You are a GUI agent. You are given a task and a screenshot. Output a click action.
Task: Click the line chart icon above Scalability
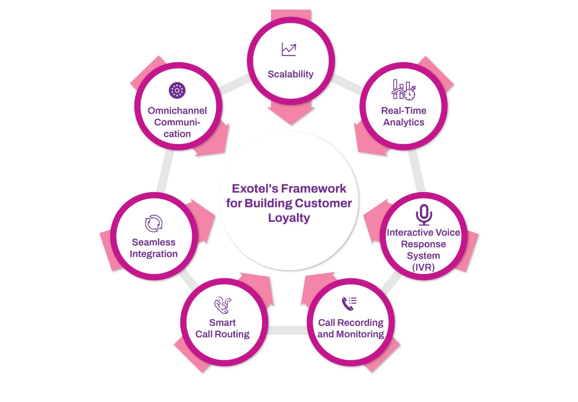coord(289,49)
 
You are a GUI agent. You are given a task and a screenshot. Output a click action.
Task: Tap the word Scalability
coord(291,74)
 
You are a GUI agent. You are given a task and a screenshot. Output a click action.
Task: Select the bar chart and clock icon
coord(403,90)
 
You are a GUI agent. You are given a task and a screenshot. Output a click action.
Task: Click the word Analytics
coord(404,122)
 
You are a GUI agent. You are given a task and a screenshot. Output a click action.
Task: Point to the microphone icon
coord(424,214)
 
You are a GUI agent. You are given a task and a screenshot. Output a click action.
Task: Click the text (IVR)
coord(423,267)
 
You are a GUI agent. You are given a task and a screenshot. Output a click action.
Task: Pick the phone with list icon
coord(349,303)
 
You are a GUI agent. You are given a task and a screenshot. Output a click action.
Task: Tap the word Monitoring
coord(360,334)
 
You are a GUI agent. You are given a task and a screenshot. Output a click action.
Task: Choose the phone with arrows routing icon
coord(223,305)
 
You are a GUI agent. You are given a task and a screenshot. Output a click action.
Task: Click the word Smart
coord(222,323)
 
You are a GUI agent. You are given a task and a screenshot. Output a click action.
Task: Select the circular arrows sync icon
coord(154,223)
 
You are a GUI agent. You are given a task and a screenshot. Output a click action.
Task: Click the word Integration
coord(154,254)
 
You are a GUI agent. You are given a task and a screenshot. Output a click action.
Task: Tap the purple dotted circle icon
coord(177,90)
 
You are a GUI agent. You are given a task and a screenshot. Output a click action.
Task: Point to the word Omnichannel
coord(177,111)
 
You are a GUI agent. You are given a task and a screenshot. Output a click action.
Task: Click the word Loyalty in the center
coord(289,218)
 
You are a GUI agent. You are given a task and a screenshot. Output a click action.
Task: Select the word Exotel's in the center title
coord(255,188)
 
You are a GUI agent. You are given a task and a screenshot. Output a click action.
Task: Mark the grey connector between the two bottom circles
coord(287,330)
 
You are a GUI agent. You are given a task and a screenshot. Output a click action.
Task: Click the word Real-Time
coord(404,111)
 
